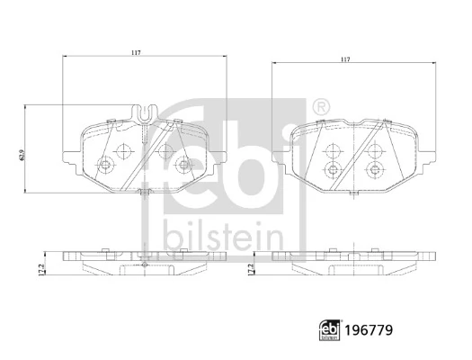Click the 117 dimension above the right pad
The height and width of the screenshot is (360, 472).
point(345,59)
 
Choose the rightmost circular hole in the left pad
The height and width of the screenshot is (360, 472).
point(184,164)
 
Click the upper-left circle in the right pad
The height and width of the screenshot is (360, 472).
point(334,151)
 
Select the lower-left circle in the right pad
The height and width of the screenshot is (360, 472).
point(334,170)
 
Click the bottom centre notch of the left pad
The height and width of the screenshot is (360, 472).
point(144,193)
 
